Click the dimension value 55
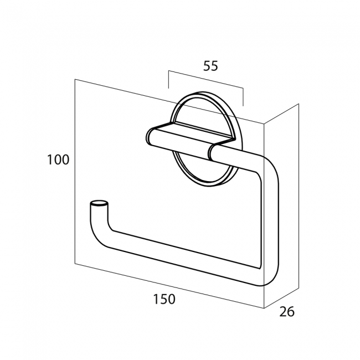point(210,66)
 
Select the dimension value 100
point(58,160)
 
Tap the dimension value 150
point(164,299)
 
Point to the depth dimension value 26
point(287,312)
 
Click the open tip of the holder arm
point(99,203)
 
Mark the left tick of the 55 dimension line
point(169,79)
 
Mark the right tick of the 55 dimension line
point(243,97)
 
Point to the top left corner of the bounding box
point(75,79)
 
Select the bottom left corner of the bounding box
point(75,264)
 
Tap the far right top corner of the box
point(299,104)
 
